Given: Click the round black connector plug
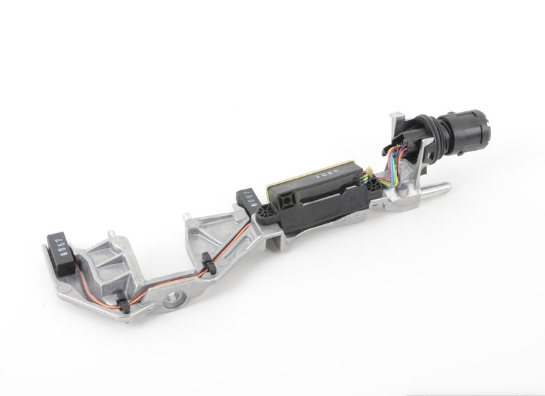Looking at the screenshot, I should click(x=470, y=132).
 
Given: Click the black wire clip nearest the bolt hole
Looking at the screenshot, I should click(x=123, y=299).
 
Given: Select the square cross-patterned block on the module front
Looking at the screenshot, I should click(x=285, y=197).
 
